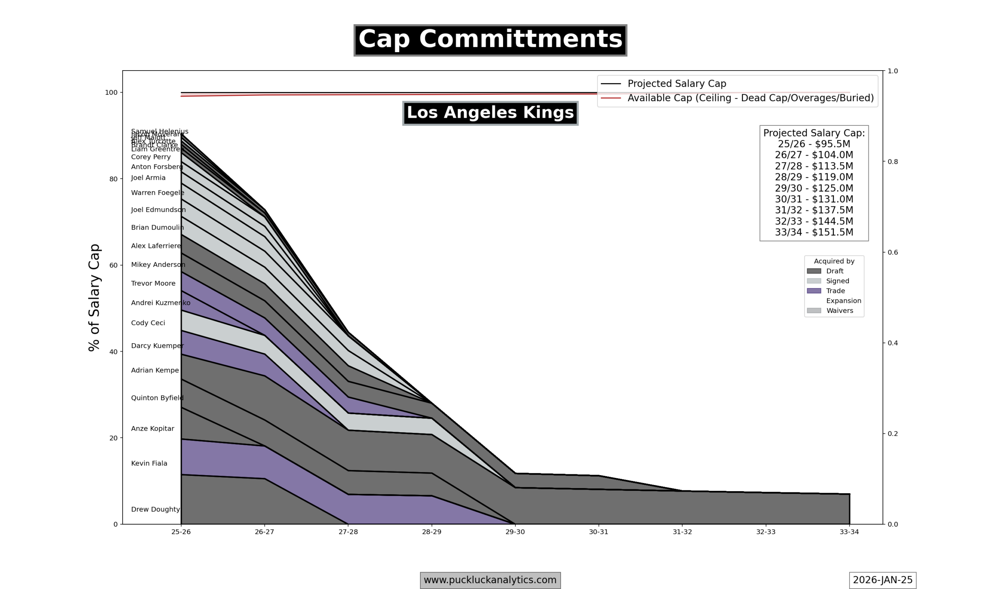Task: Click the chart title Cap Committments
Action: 490,40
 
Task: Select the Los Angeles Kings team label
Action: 490,113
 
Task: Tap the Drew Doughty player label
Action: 156,509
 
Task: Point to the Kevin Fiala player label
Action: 149,463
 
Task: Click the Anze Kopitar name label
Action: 153,429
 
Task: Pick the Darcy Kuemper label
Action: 157,346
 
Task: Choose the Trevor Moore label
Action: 153,283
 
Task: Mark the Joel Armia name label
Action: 148,178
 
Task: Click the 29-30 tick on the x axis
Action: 515,532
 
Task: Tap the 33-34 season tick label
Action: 849,532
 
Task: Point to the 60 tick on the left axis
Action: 113,265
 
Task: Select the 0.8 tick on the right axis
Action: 892,161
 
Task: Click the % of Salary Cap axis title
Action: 94,298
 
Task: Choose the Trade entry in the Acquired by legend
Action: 835,291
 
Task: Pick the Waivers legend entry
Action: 840,311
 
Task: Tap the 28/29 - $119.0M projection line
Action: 814,177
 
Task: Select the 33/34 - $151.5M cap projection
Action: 814,232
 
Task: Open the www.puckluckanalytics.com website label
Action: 490,580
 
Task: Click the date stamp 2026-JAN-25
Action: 882,580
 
